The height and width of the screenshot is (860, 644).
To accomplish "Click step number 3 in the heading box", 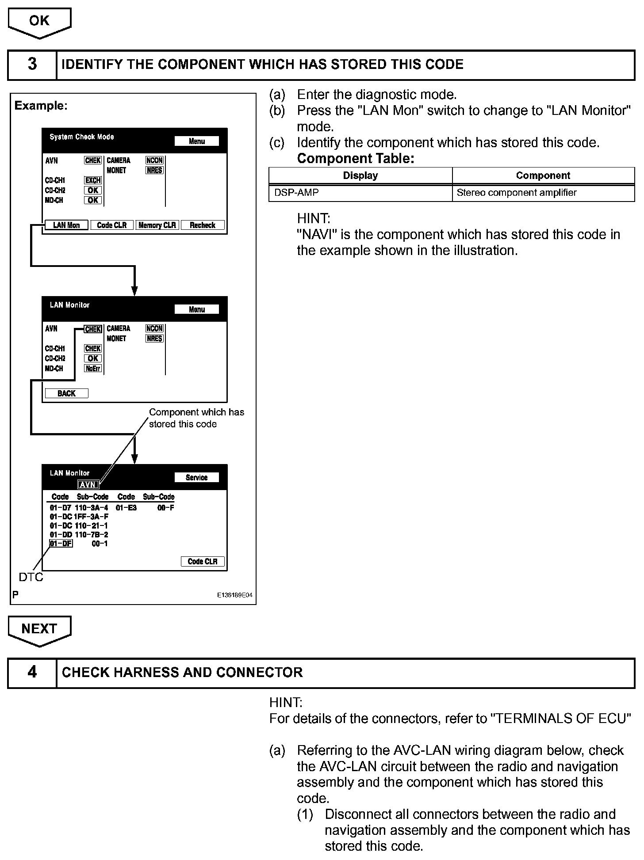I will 32,65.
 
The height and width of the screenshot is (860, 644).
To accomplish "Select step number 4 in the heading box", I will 32,672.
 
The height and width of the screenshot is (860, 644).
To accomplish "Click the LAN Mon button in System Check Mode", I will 66,225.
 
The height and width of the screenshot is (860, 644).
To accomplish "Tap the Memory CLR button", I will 157,225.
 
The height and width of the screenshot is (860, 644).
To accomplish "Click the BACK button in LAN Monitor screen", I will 66,393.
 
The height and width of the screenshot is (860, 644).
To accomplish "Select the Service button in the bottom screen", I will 196,477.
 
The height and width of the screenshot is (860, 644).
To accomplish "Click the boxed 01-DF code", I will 61,544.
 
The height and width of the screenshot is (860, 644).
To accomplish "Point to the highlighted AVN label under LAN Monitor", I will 88,484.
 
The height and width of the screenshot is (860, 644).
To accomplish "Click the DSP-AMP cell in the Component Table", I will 296,193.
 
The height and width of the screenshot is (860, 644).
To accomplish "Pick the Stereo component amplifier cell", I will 517,193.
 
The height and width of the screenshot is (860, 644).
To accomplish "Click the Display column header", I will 360,175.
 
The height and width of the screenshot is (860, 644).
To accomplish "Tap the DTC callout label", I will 31,577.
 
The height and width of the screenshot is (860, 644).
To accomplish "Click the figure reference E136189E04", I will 234,595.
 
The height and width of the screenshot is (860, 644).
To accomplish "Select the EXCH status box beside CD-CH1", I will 93,180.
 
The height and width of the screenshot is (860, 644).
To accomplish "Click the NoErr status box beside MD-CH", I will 93,368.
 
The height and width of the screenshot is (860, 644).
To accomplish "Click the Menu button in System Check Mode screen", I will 196,141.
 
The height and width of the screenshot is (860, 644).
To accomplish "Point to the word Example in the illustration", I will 40,106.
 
